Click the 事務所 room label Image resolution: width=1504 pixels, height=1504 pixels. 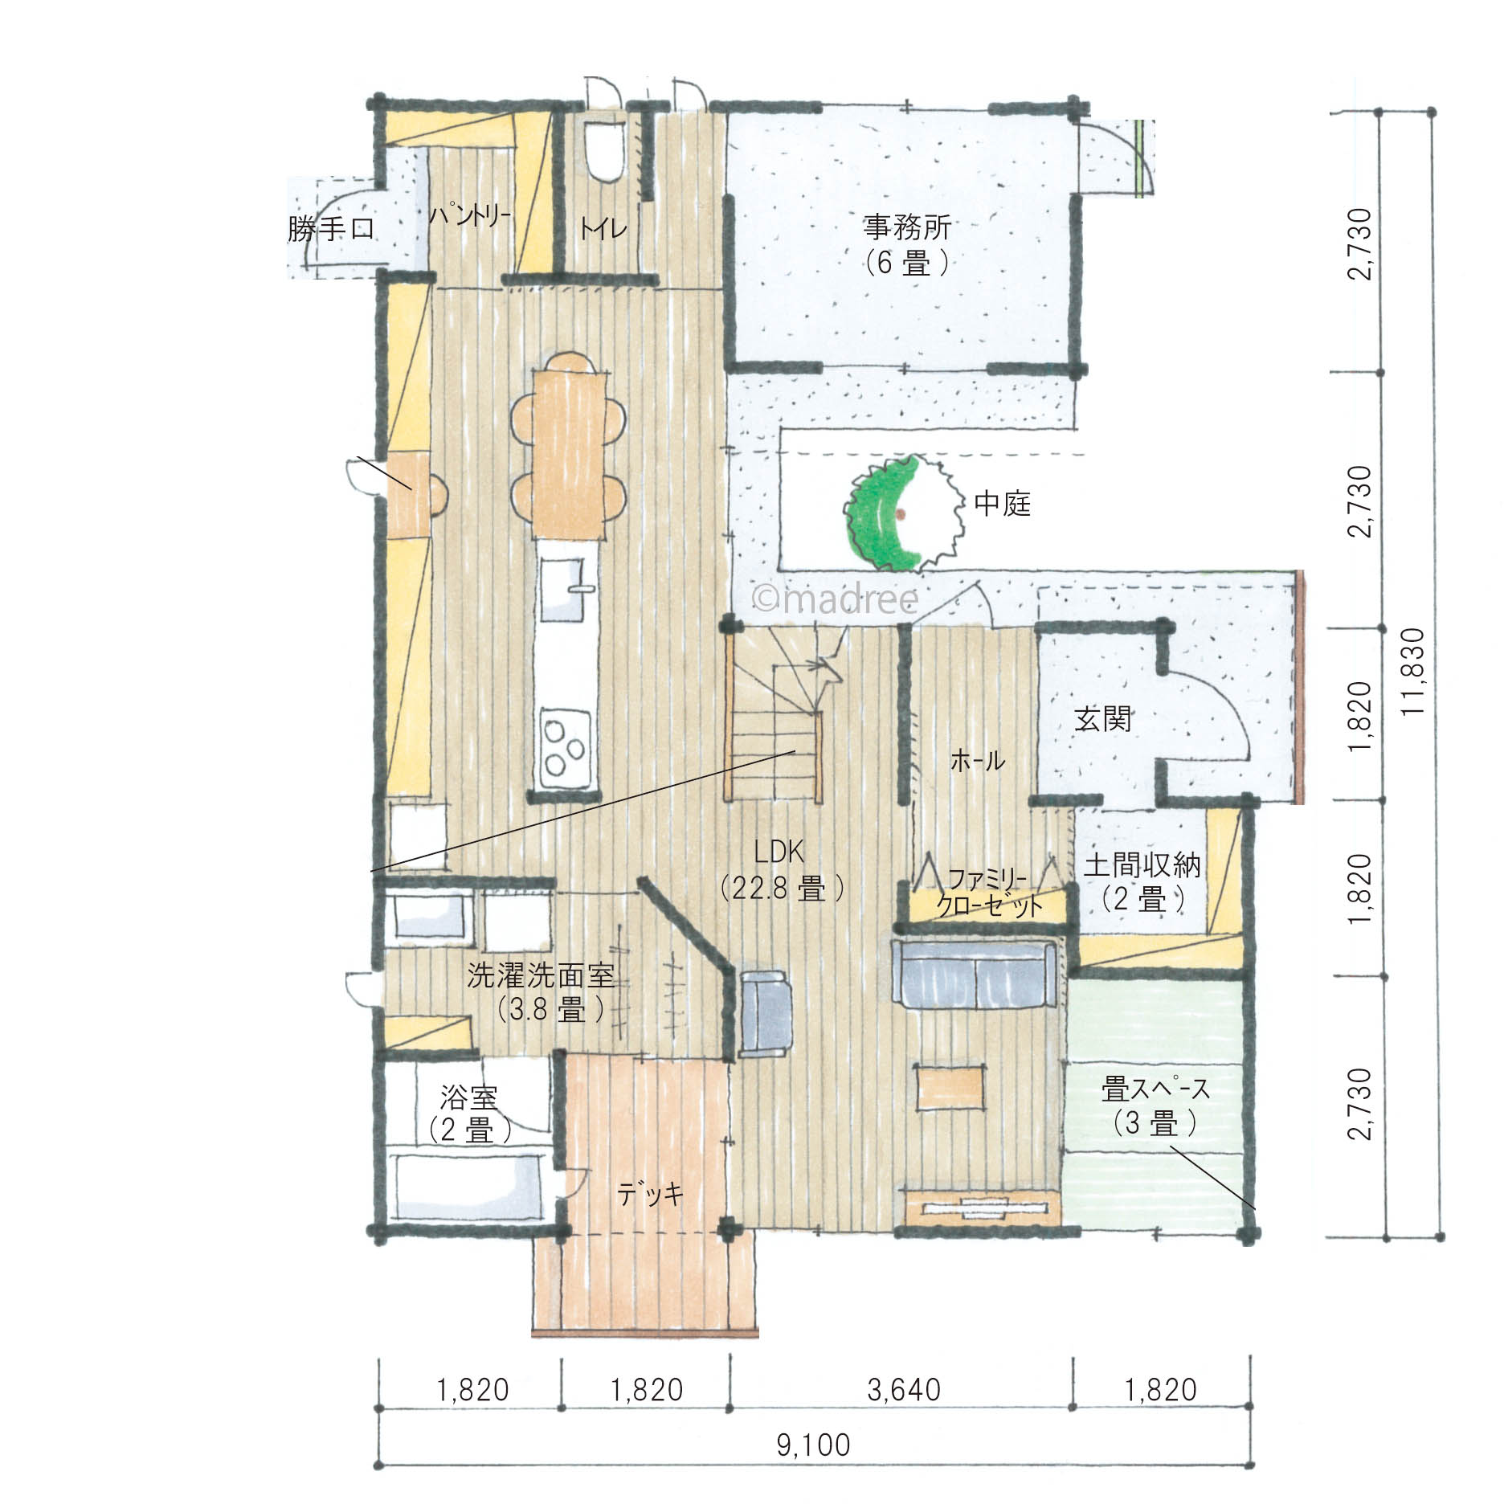click(x=907, y=228)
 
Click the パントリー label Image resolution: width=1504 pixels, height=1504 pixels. click(x=469, y=216)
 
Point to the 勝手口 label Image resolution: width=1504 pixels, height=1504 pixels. click(x=331, y=229)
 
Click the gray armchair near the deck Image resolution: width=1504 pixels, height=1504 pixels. click(x=762, y=1012)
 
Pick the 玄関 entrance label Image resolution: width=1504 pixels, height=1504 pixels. click(x=1103, y=719)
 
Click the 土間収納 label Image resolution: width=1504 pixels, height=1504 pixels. click(x=1142, y=865)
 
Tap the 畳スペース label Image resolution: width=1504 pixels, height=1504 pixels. click(x=1155, y=1090)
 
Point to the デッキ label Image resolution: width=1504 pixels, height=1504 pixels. click(x=651, y=1194)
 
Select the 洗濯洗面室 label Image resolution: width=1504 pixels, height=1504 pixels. click(x=541, y=975)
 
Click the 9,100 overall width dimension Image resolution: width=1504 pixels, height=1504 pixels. click(x=814, y=1445)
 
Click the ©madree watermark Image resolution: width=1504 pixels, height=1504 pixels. click(x=834, y=598)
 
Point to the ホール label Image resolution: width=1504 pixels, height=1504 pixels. click(x=978, y=760)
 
